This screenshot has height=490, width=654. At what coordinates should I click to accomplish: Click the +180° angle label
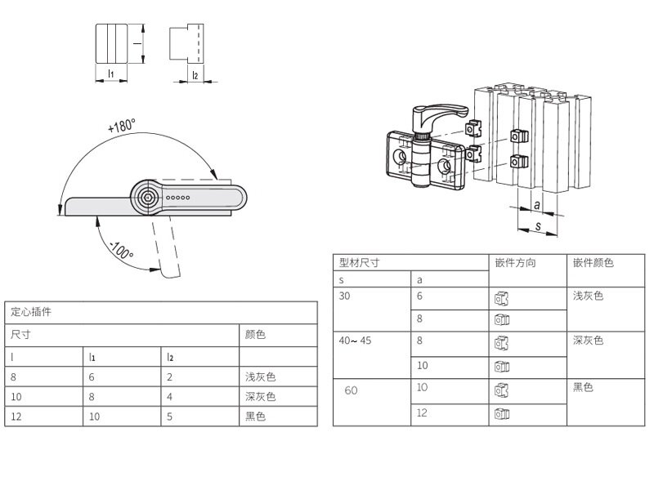click(122, 125)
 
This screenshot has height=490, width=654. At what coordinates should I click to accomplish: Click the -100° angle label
click(122, 251)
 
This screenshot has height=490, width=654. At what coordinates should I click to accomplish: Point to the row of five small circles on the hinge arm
click(178, 198)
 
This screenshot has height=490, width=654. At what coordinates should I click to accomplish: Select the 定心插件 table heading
click(31, 312)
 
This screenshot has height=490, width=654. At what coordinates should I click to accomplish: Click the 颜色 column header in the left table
click(255, 334)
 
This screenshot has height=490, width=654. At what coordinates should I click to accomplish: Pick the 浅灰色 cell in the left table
click(260, 377)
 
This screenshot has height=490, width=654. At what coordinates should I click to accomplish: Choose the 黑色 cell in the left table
click(255, 416)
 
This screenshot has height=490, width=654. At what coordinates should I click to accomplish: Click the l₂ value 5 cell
click(169, 416)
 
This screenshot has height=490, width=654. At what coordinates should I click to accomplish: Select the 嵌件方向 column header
click(515, 262)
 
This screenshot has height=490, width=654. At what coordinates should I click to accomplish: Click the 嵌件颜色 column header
click(594, 262)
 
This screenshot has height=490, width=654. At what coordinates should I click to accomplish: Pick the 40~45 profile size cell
click(355, 341)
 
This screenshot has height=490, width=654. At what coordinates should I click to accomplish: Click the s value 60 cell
click(351, 390)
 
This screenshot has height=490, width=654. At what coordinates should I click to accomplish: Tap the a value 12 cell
click(422, 412)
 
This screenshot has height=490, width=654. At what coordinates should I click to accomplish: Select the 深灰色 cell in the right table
click(588, 341)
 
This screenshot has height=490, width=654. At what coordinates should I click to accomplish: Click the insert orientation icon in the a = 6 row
click(501, 298)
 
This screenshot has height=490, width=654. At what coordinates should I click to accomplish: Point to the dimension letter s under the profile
click(538, 226)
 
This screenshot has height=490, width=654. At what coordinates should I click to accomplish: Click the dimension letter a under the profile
click(537, 205)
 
